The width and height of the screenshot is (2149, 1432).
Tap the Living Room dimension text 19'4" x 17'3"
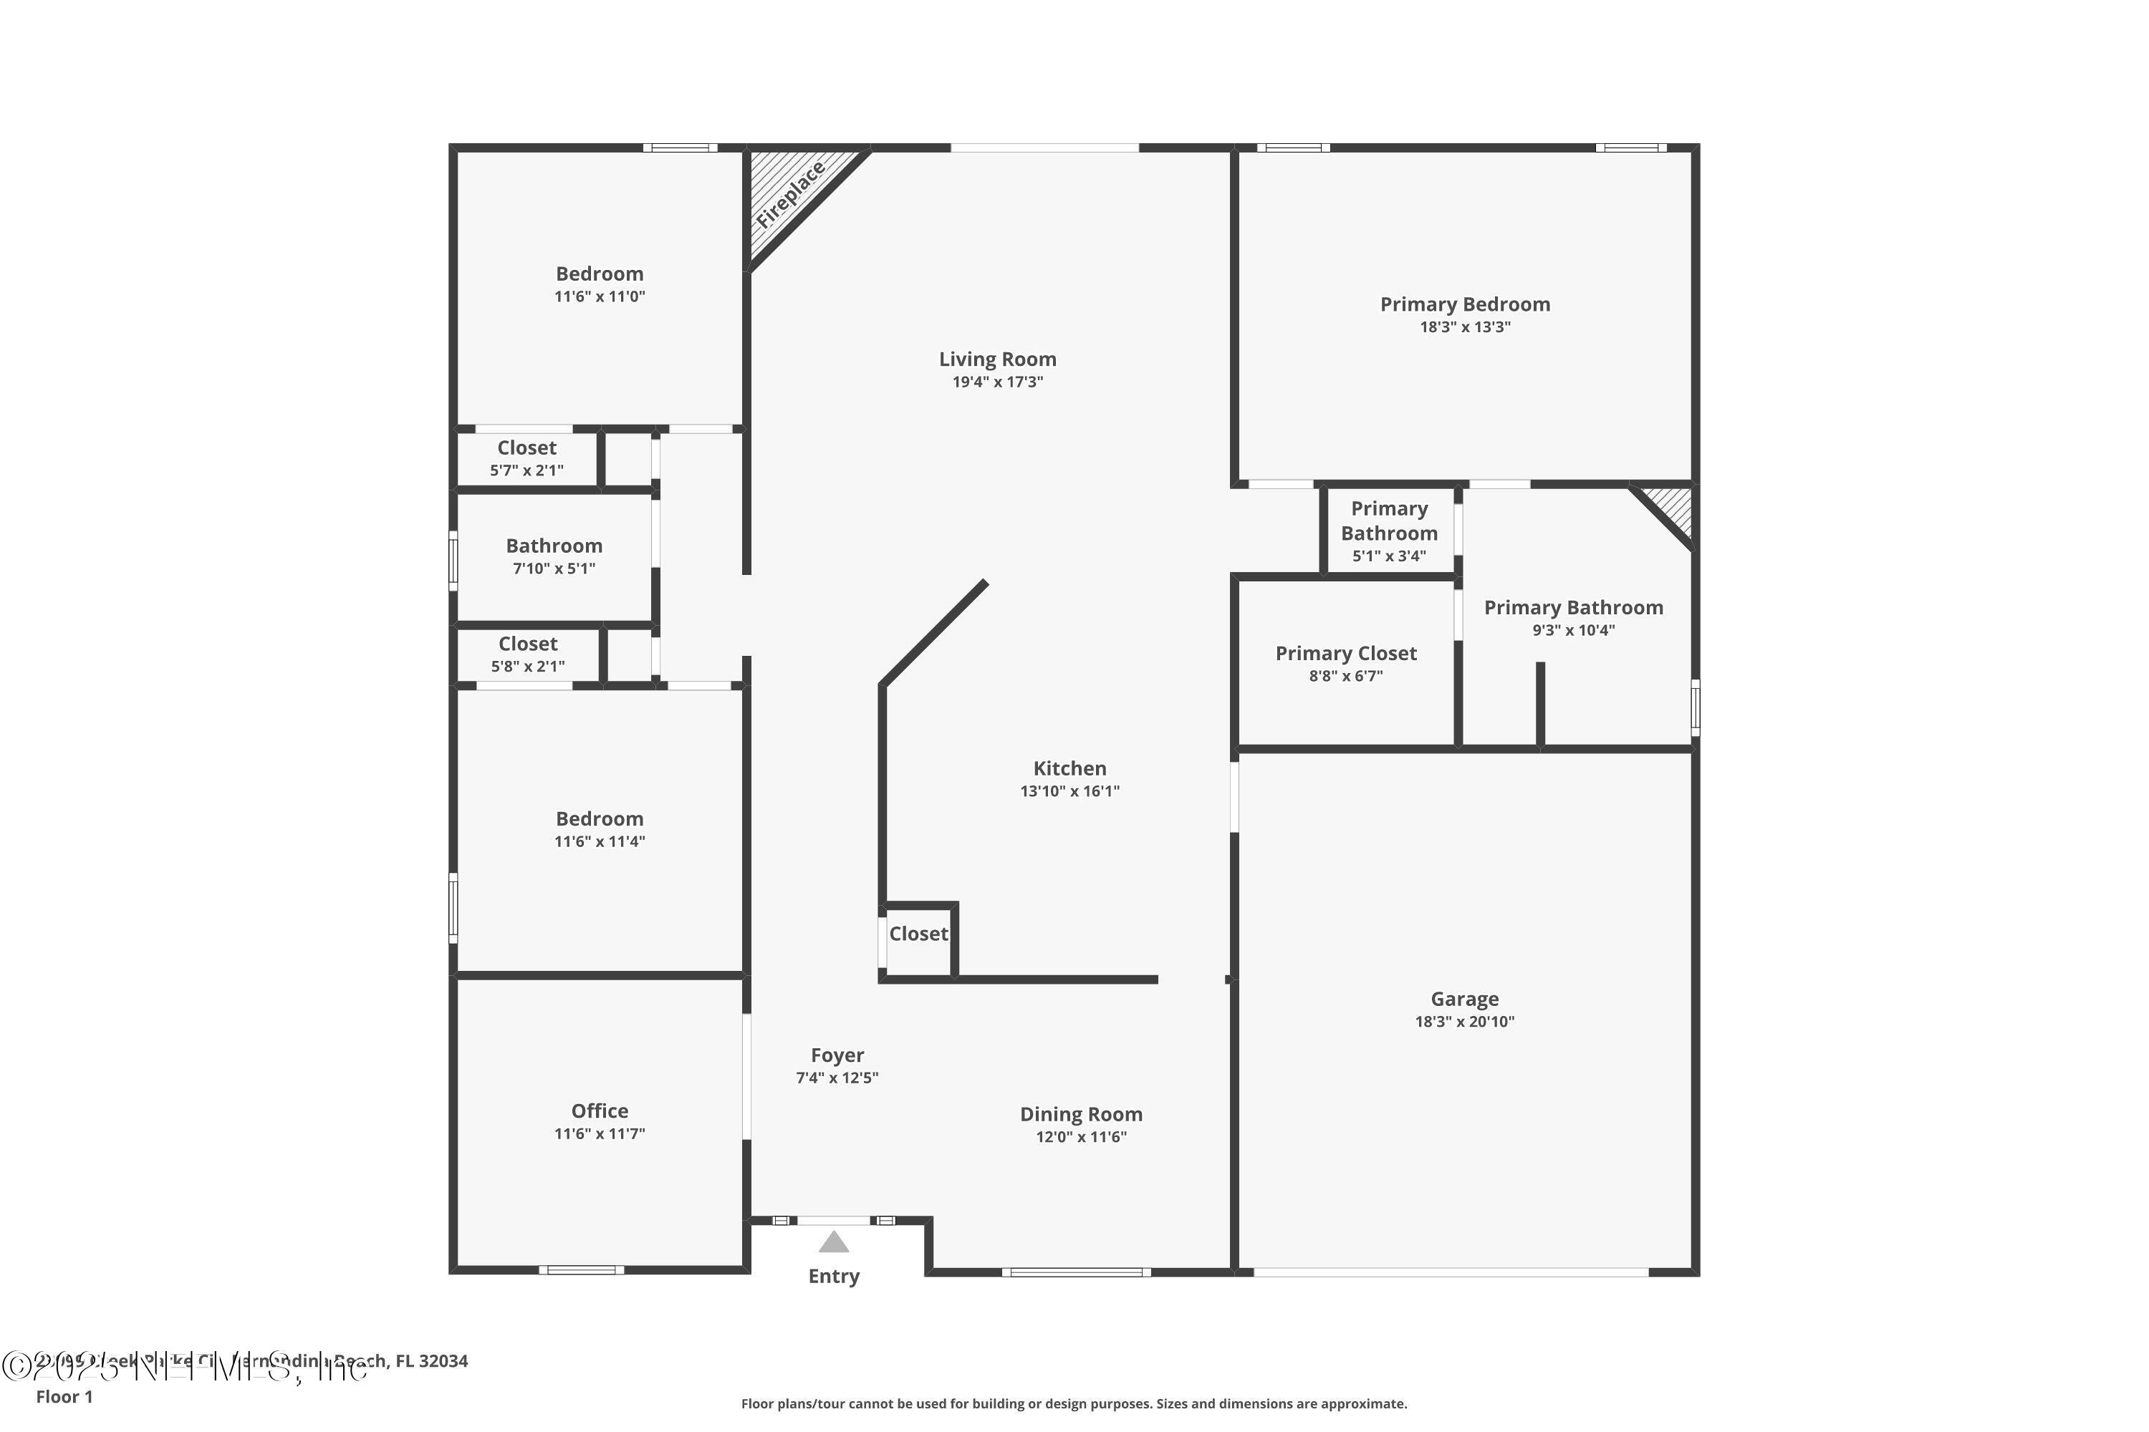pos(997,382)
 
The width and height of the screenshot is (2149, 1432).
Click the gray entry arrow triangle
pos(832,1242)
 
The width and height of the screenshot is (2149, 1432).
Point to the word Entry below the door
pos(833,1276)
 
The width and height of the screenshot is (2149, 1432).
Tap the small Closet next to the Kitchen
pos(918,934)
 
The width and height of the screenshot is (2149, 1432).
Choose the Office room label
pos(600,1111)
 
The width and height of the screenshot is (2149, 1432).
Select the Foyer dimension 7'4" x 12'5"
pos(836,1078)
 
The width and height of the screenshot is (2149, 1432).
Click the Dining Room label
pos(1080,1114)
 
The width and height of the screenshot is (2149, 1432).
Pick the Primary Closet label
pos(1345,653)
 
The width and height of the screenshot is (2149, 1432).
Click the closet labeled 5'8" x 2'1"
pos(527,654)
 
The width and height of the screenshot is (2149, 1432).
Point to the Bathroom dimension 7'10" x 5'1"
pos(554,568)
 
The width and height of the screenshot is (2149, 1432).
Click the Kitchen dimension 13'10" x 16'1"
pos(1069,791)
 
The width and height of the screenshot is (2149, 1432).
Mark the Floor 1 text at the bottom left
pos(64,1396)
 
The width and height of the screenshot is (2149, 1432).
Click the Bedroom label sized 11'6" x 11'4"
pos(600,818)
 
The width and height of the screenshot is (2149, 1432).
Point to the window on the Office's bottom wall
pos(581,1269)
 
